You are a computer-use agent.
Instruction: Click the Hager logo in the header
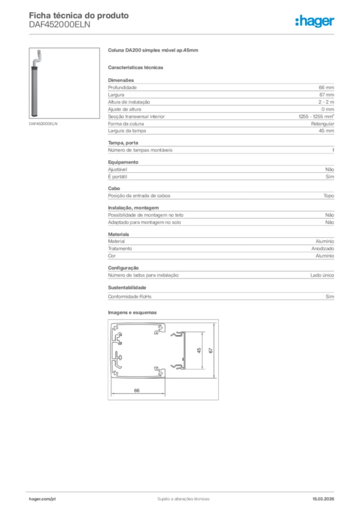(314, 21)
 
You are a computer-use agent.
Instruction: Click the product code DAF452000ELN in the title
(60, 25)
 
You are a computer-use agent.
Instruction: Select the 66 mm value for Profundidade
(326, 87)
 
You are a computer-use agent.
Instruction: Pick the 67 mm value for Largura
(326, 94)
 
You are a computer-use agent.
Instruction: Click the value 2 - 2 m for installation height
(326, 102)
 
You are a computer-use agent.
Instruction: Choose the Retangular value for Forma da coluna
(323, 123)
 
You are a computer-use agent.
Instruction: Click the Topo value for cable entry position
(329, 196)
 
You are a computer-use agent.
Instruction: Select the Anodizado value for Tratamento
(323, 249)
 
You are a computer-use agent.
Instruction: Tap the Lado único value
(322, 275)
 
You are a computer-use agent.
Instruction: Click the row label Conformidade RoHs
(129, 297)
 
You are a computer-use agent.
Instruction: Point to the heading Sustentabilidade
(127, 288)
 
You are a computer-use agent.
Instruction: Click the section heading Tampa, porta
(120, 143)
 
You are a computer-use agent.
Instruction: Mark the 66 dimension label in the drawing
(137, 390)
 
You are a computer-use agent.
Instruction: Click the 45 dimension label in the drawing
(199, 350)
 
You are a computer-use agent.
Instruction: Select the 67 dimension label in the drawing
(211, 350)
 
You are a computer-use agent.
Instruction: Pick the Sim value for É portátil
(330, 177)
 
